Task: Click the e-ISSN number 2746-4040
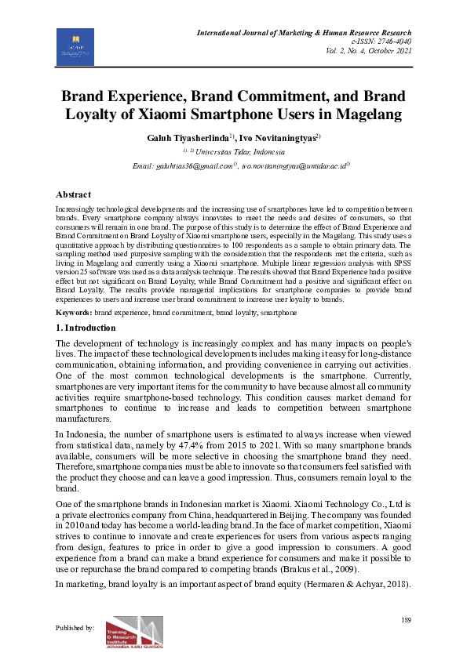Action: point(396,41)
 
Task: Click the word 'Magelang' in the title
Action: point(366,115)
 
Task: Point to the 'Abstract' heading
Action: point(73,194)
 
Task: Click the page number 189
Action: point(406,621)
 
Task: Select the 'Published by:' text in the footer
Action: point(75,628)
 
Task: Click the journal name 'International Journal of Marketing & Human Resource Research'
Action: point(308,32)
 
